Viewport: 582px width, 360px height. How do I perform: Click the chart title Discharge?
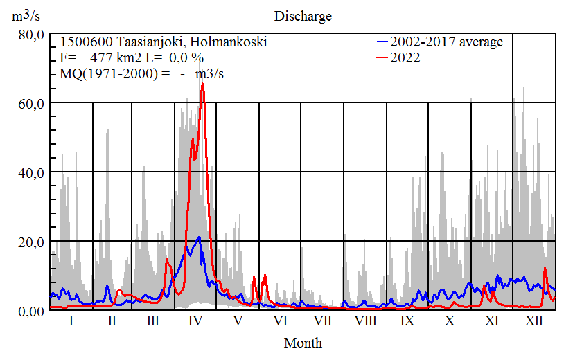[x=303, y=16]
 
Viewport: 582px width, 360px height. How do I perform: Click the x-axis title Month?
[x=303, y=343]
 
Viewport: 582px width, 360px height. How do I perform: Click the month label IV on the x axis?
[x=195, y=322]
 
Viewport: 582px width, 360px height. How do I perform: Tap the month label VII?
[x=322, y=322]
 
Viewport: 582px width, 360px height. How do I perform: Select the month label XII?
[x=534, y=322]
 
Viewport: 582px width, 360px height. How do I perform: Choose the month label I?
[x=71, y=322]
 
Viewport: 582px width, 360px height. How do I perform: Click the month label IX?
[x=407, y=322]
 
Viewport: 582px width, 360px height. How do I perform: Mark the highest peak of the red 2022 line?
[x=202, y=85]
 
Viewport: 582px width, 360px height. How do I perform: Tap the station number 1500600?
[x=82, y=42]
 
